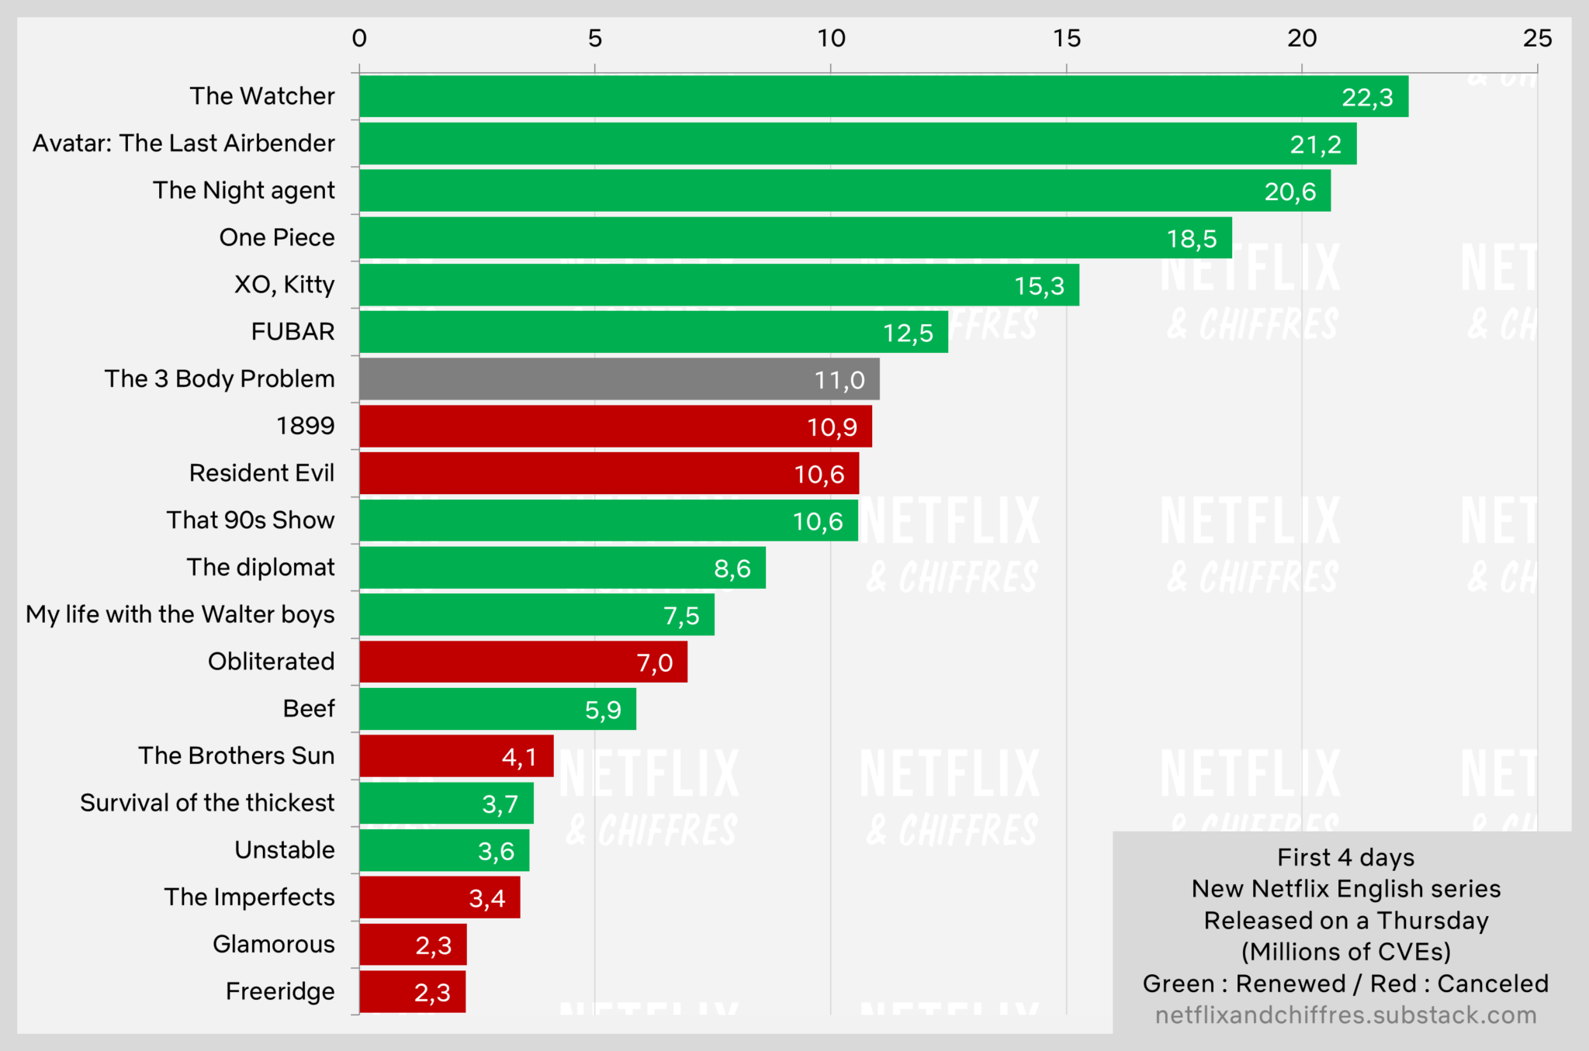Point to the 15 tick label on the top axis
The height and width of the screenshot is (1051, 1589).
pyautogui.click(x=1067, y=38)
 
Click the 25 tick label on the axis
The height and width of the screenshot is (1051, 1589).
pyautogui.click(x=1537, y=38)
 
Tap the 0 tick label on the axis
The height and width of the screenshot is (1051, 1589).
pyautogui.click(x=359, y=38)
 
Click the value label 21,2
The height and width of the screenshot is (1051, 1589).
pyautogui.click(x=1315, y=144)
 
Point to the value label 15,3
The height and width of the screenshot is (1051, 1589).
pyautogui.click(x=1039, y=286)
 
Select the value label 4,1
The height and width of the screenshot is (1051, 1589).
pyautogui.click(x=519, y=757)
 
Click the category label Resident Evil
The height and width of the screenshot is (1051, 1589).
pyautogui.click(x=261, y=473)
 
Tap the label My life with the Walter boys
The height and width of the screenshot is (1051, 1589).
pyautogui.click(x=180, y=614)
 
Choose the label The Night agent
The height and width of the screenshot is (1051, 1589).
pyautogui.click(x=244, y=191)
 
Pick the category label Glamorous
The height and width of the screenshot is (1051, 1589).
pyautogui.click(x=273, y=945)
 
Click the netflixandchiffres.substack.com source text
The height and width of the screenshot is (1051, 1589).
pyautogui.click(x=1345, y=1015)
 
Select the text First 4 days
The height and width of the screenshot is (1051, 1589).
pyautogui.click(x=1345, y=858)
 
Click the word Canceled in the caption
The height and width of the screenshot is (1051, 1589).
pyautogui.click(x=1493, y=984)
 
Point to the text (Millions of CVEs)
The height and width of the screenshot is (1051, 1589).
pyautogui.click(x=1345, y=952)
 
